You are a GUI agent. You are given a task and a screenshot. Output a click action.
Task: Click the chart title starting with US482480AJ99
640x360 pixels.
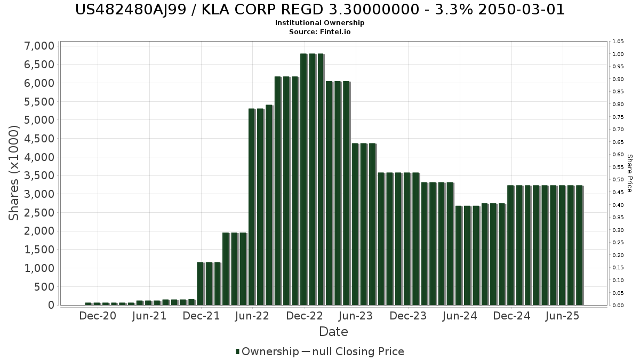point(320,10)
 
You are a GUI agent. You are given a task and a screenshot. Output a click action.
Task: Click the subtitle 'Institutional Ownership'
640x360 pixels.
point(320,23)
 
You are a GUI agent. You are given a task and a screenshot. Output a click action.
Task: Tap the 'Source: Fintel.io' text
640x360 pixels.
point(320,32)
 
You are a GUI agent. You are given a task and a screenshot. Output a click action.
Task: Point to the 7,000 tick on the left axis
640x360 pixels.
point(39,46)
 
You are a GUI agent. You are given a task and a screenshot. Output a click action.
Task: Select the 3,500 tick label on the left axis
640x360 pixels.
point(39,176)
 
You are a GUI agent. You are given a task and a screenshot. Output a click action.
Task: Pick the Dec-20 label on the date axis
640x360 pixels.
point(98,316)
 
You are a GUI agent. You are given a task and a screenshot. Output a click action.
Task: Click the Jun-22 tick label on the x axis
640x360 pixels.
point(253,316)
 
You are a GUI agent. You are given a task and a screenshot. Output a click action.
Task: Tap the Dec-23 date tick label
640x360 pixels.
point(408,316)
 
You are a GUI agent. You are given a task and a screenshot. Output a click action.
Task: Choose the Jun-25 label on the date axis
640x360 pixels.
point(563,316)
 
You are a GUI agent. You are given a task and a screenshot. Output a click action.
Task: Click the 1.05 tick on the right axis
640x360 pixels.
point(618,42)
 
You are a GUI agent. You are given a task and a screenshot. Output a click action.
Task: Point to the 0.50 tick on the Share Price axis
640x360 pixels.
point(618,180)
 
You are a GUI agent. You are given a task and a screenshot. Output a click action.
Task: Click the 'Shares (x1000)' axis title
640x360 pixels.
point(14,173)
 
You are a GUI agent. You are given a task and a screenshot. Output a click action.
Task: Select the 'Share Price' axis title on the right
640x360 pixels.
point(629,173)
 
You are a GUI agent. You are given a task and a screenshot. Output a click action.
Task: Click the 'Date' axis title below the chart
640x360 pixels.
point(333,332)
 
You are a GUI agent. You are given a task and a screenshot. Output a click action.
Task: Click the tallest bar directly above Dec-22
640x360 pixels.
point(303,179)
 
